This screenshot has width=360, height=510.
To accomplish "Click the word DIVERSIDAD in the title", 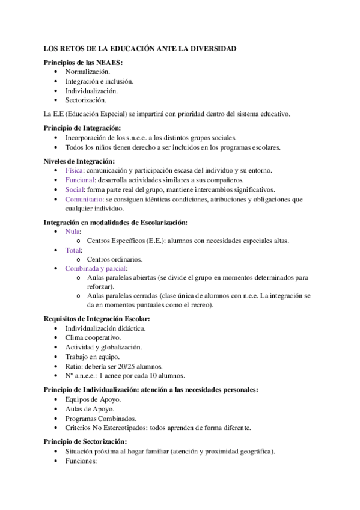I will pos(214,48).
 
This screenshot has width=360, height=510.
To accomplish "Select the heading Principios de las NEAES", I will pos(84,62).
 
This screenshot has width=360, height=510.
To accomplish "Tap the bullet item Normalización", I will pos(88,72).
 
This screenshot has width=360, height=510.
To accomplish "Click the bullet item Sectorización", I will pos(86,100).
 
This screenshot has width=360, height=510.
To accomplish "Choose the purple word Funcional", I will pos(79,180).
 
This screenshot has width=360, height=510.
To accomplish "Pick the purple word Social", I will pos(75,189).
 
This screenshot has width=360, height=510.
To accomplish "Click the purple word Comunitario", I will pos(84,199).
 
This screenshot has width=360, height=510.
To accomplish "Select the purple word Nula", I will pos(73,231).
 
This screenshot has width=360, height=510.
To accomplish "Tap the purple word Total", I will pos(73,250).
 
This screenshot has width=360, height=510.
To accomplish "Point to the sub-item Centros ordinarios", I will pos(115,259).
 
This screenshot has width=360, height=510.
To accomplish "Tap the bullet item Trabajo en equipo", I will pos(92,357).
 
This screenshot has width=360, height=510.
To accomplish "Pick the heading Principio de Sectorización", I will pos(85,441).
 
